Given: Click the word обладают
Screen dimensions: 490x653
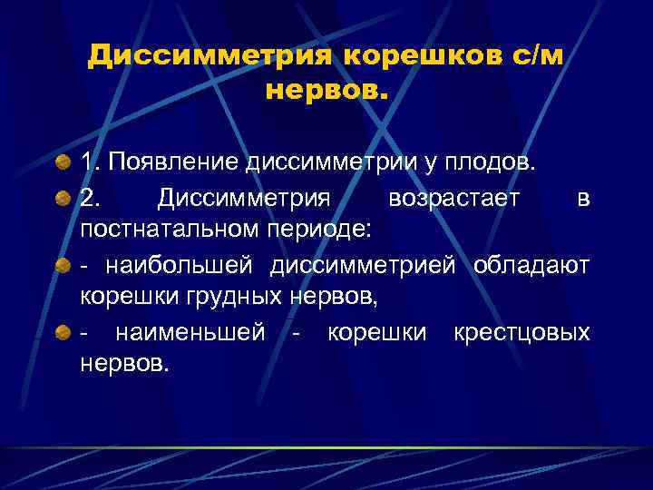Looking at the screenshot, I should click(531, 265).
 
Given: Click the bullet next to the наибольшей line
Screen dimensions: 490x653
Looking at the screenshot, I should click(63, 266).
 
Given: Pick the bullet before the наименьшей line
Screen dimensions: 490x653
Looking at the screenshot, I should click(63, 333).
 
